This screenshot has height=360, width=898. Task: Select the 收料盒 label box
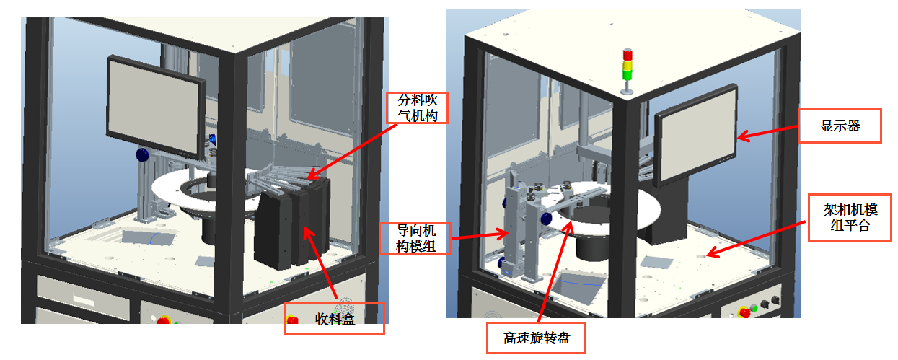(x=335, y=318)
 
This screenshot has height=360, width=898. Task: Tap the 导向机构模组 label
(x=415, y=239)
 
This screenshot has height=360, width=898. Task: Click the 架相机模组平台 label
(x=851, y=217)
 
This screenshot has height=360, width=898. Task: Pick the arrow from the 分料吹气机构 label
(x=353, y=148)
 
